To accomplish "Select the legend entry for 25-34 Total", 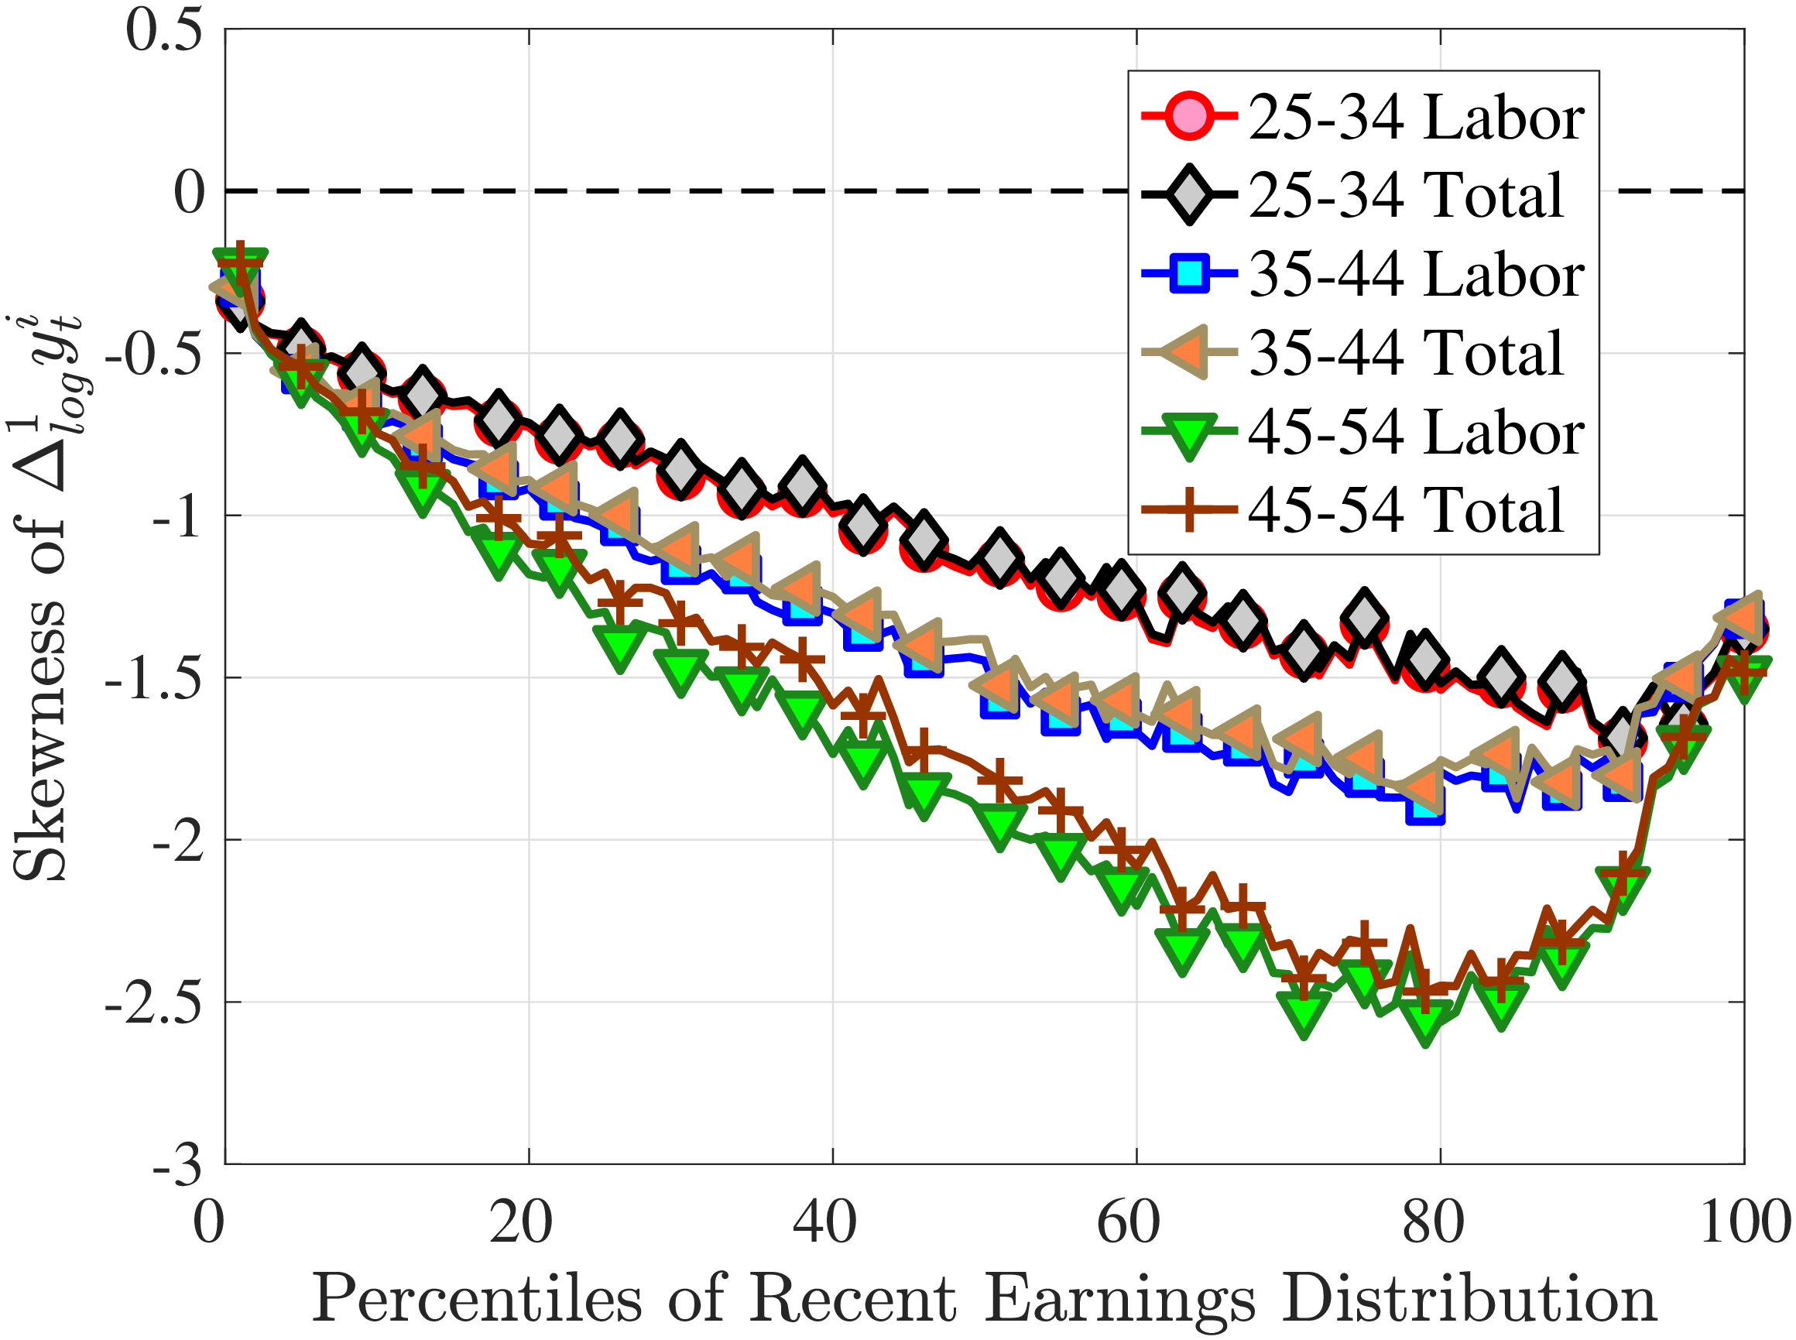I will pyautogui.click(x=1404, y=196).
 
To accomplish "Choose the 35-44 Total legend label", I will pyautogui.click(x=1404, y=353).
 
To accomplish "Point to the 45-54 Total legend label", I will pyautogui.click(x=1404, y=509).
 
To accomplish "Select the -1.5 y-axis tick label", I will pyautogui.click(x=153, y=678).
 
